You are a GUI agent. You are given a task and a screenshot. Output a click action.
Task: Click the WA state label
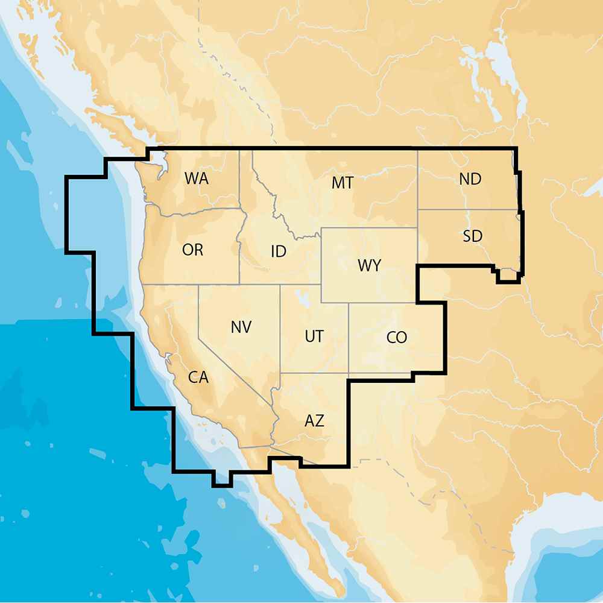coord(197,178)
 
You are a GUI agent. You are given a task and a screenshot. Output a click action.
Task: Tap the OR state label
coord(192,250)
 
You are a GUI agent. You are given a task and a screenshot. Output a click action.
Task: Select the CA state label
coord(198,378)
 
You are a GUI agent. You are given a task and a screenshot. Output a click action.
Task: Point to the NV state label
coord(241,327)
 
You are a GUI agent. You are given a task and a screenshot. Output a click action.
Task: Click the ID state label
coord(278,251)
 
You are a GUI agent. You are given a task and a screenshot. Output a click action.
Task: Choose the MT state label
coord(343,183)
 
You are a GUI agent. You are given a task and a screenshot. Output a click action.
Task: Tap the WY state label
coord(369,265)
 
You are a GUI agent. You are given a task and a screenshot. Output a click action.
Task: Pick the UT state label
coord(314,336)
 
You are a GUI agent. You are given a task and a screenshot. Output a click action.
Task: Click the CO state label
coord(397,338)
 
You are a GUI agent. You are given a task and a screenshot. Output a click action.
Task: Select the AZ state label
coord(314,421)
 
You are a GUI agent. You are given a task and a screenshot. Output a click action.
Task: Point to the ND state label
coord(470,179)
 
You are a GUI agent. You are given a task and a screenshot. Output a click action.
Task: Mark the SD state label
coord(473,236)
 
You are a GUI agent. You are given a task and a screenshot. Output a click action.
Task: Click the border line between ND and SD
coord(467,210)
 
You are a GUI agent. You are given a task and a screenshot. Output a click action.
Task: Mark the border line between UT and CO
coord(349,338)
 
